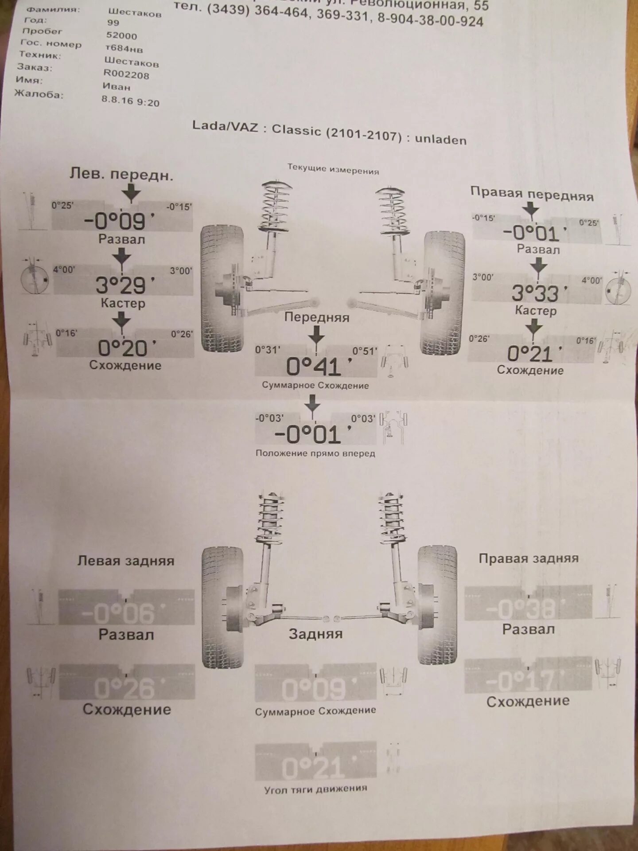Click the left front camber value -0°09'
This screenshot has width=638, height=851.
[120, 220]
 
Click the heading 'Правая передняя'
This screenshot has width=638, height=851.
[532, 194]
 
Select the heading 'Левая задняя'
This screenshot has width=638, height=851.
[126, 561]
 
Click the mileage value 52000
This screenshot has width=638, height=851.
[121, 35]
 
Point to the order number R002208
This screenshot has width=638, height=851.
[126, 74]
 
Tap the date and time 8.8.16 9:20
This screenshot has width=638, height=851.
[130, 101]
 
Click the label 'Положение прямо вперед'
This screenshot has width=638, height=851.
[315, 453]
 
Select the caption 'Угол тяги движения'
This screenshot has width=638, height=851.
[315, 789]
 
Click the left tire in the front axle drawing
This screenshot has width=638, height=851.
[222, 288]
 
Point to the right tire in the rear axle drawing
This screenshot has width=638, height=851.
[437, 605]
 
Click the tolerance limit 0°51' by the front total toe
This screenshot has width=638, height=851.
[364, 351]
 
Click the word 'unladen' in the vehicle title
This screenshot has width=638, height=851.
[440, 140]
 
